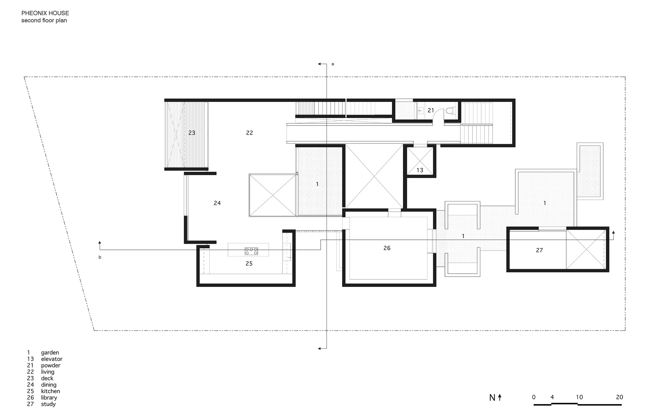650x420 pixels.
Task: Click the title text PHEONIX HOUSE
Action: pos(45,13)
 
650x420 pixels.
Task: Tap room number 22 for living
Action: pos(249,133)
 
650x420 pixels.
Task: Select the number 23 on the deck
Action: pos(192,133)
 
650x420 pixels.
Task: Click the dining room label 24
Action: pos(217,203)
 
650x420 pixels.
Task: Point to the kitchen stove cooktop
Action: pos(251,251)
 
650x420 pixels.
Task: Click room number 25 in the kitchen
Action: pos(249,264)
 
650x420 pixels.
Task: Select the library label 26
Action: pos(387,248)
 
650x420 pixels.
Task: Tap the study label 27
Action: pos(539,250)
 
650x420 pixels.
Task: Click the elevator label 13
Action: pos(420,170)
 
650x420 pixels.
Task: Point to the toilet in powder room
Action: pos(450,111)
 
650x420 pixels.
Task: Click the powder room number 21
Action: pos(431,110)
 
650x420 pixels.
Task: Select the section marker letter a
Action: pos(332,64)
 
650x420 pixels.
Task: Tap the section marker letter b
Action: pos(100,257)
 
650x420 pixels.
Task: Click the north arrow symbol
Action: pos(500,397)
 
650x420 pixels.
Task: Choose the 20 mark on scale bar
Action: pos(619,397)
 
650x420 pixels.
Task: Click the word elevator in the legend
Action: pos(52,359)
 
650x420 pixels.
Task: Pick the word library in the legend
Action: pos(49,398)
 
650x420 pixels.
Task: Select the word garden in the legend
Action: pos(50,352)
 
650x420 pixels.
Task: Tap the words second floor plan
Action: pos(44,20)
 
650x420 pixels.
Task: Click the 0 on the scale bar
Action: pos(534,397)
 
